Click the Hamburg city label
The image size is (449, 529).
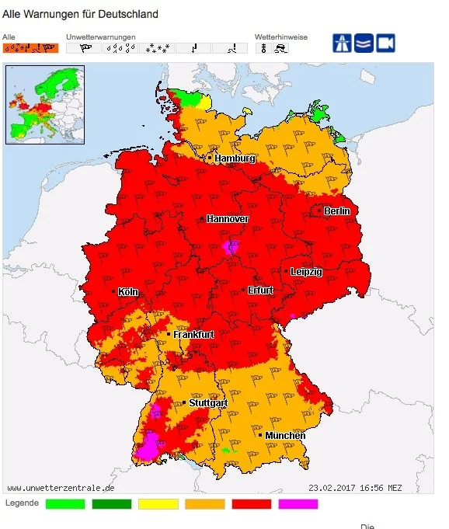tap(235, 158)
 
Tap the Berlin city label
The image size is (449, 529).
tap(337, 211)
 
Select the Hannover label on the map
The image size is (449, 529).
tap(228, 219)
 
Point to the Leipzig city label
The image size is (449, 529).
tap(306, 272)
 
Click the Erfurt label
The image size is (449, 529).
tap(260, 291)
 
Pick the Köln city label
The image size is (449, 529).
tap(128, 292)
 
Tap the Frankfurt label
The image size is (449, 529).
tap(193, 335)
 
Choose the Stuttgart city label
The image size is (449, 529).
tap(207, 404)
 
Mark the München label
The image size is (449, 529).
tap(285, 436)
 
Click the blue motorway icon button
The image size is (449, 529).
tap(343, 44)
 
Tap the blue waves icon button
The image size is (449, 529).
tap(364, 44)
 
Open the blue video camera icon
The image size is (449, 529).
tap(386, 44)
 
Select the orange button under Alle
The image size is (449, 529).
tap(30, 48)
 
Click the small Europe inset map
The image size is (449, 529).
tap(45, 105)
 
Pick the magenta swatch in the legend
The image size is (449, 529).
tap(298, 504)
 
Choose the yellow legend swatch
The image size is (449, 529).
tap(158, 504)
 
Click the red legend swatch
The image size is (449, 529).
tap(252, 504)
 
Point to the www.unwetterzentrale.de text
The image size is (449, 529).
tap(61, 488)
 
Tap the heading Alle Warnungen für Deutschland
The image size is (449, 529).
tap(81, 14)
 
